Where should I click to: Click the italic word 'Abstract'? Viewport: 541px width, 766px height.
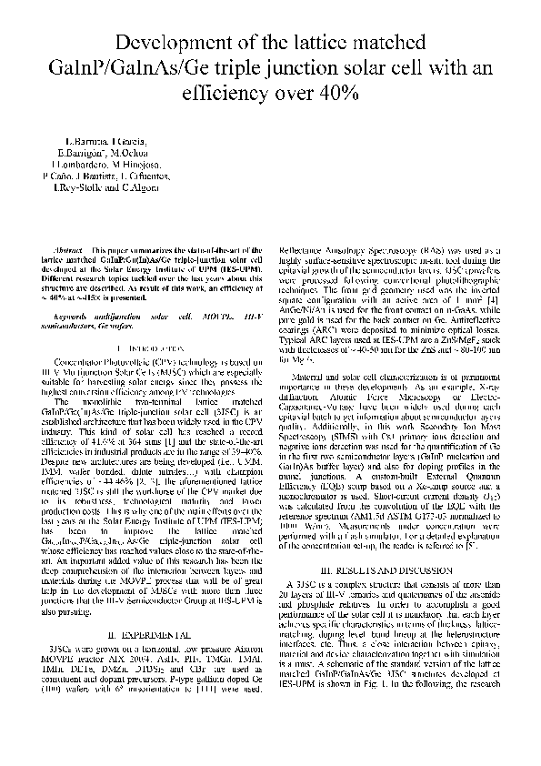tap(69, 249)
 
